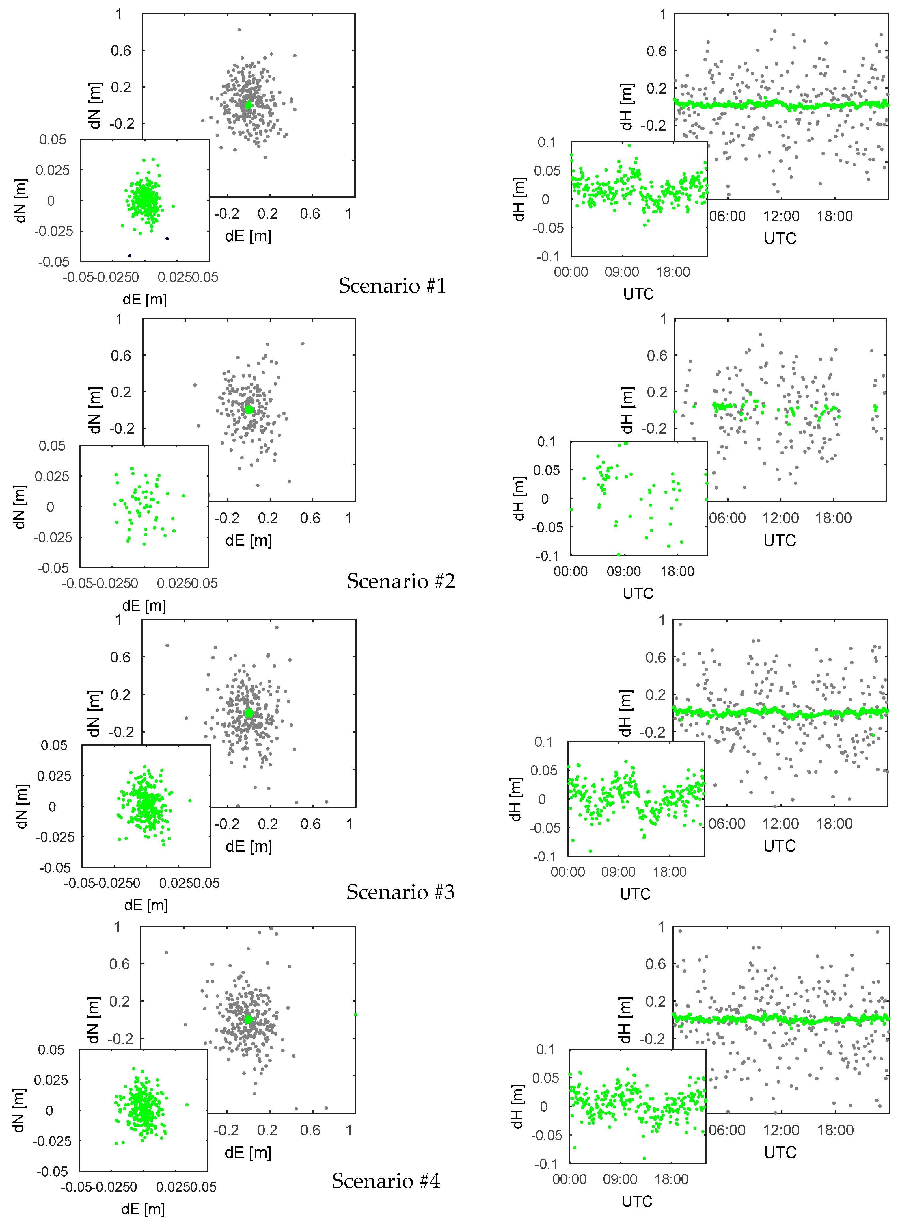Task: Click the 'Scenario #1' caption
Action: coord(392,285)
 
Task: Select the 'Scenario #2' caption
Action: coord(400,581)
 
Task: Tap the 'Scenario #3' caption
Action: coord(400,892)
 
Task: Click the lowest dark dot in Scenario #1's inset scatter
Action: coord(129,256)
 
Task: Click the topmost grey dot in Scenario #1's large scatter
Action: coord(239,30)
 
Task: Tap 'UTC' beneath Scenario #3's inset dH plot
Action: coord(635,894)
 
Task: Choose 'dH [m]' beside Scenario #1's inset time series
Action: coord(519,200)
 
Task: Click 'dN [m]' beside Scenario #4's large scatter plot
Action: coord(94,1020)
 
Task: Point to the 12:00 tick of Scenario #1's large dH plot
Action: coord(780,216)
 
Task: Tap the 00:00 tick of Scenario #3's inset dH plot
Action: coord(567,872)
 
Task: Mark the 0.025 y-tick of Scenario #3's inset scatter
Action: coord(54,776)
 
